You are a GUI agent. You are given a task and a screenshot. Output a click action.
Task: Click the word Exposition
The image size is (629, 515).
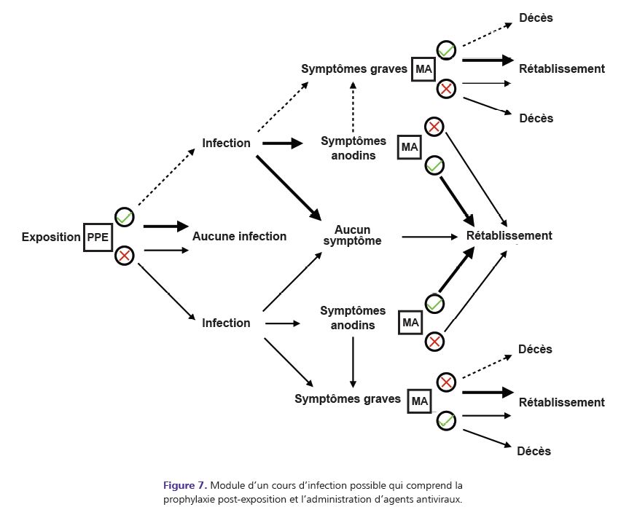tap(51, 237)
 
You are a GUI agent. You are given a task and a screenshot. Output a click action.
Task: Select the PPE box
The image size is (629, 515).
tap(98, 237)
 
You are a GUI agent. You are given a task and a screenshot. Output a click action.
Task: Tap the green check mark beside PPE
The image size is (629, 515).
tap(125, 217)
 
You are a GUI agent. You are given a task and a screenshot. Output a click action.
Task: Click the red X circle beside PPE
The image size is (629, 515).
tap(125, 256)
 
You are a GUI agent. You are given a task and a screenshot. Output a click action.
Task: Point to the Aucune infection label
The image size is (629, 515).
tap(239, 236)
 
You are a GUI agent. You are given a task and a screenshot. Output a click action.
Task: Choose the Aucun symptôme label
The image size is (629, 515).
tap(353, 235)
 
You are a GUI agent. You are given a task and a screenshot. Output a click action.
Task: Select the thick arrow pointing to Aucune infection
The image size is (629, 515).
tap(165, 227)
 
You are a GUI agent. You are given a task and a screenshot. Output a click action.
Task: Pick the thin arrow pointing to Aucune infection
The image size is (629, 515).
tap(167, 251)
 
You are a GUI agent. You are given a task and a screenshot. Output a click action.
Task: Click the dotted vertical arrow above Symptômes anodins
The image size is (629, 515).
tap(353, 107)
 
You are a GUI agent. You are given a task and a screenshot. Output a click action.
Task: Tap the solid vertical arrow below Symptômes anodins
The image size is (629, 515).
tap(353, 361)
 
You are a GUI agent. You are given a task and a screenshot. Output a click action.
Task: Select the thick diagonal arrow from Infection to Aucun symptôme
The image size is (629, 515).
tap(289, 186)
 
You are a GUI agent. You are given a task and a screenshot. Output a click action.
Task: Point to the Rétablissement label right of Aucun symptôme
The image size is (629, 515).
tap(509, 236)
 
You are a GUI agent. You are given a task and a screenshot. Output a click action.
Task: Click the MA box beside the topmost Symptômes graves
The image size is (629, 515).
tap(423, 69)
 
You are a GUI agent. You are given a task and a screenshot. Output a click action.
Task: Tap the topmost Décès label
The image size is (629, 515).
tap(536, 18)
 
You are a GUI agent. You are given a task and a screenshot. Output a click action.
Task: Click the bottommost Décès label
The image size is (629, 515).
tap(534, 452)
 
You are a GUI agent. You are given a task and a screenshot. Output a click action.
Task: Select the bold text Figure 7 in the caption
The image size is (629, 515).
tap(185, 485)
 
